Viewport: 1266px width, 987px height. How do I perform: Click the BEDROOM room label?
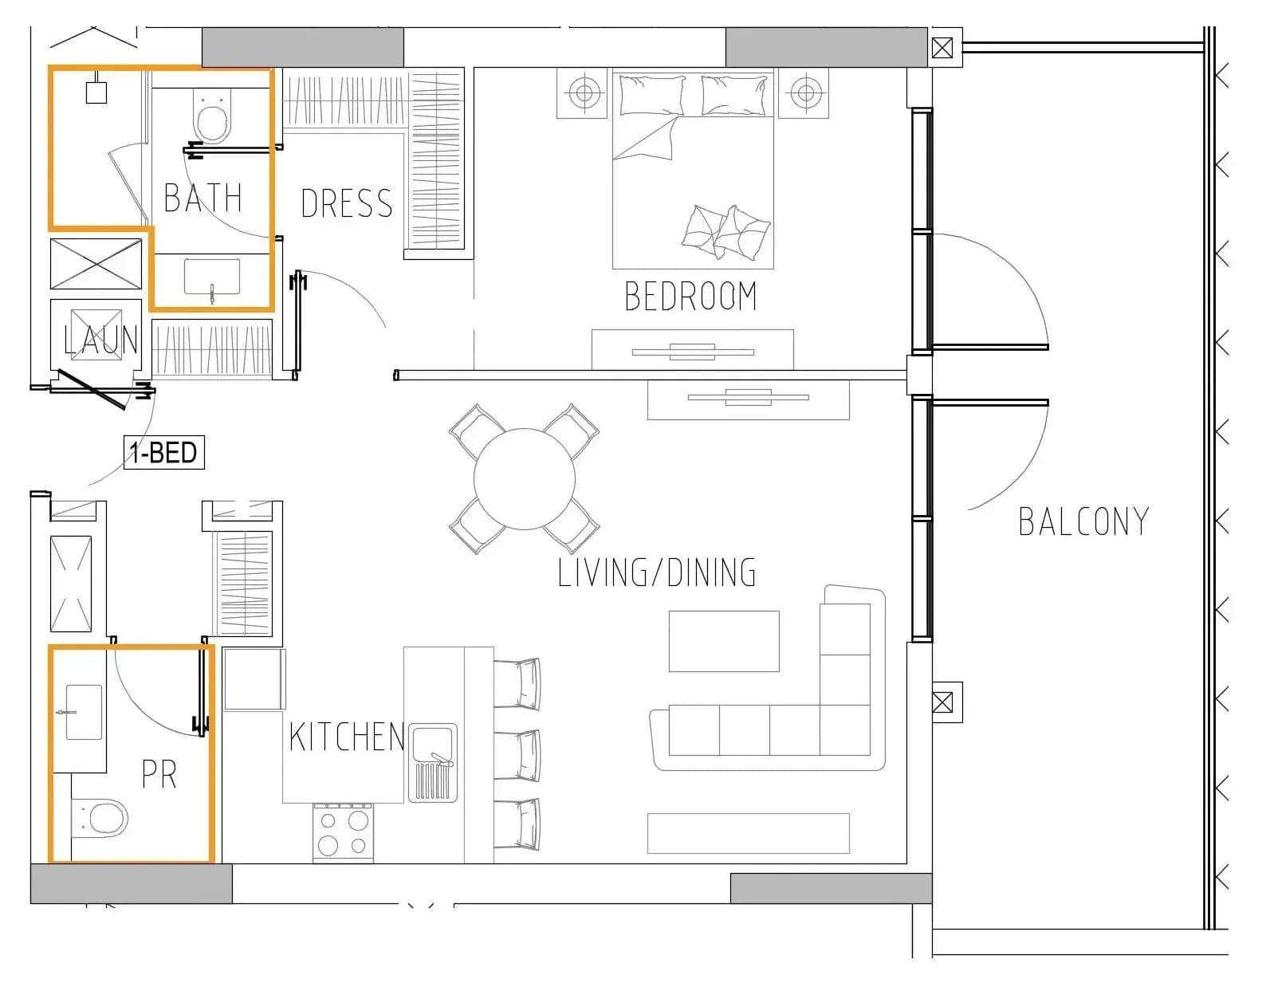tap(690, 296)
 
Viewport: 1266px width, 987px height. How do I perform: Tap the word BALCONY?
tap(1083, 521)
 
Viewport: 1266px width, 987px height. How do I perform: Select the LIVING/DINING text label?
tap(657, 572)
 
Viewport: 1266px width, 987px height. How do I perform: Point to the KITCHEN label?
tap(347, 737)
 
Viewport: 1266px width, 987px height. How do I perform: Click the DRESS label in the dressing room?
tap(347, 203)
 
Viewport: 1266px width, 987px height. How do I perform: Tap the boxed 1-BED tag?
tap(163, 452)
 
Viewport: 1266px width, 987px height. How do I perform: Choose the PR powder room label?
tap(159, 774)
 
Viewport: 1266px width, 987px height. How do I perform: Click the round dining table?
tap(525, 479)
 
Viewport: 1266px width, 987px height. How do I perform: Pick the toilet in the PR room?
tap(100, 818)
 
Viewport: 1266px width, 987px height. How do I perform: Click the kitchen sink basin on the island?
tap(433, 763)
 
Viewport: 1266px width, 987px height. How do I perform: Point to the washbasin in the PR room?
tap(84, 712)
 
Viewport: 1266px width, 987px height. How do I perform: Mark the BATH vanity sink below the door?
tap(212, 277)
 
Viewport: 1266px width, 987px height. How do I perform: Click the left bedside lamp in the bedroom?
tap(584, 92)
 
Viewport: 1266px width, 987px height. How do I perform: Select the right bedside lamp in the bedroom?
tap(806, 92)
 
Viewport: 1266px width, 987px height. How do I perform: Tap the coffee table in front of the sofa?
tap(724, 641)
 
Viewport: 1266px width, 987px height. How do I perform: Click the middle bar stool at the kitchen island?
tap(517, 754)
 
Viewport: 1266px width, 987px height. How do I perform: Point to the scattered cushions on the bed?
tap(726, 232)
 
